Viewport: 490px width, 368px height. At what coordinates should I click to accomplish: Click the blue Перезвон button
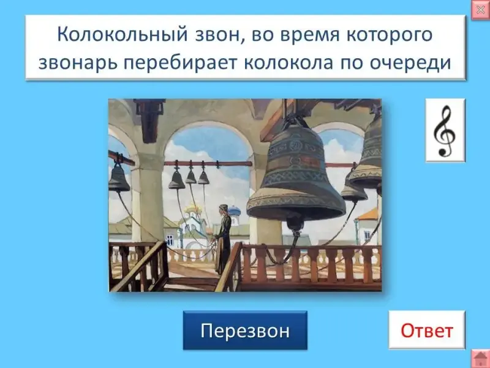(245, 330)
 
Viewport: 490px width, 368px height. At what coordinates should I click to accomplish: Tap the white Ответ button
(427, 330)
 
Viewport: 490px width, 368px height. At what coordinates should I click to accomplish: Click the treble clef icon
(445, 131)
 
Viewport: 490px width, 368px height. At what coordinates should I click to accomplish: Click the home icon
(480, 359)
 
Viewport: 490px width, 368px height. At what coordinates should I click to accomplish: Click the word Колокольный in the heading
(122, 34)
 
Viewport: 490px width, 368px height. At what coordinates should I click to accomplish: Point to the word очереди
(410, 63)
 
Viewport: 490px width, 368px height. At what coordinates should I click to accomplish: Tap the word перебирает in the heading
(181, 63)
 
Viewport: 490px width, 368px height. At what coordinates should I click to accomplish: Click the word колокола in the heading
(288, 63)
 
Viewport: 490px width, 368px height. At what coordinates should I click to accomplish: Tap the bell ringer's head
(223, 209)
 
